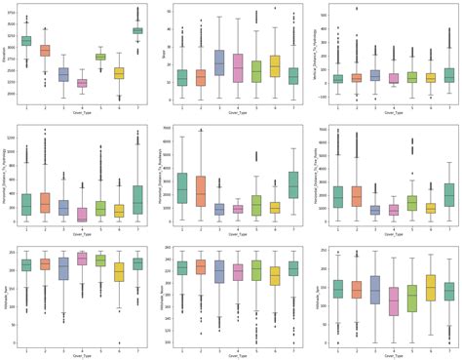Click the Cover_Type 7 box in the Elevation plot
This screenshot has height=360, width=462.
(137, 30)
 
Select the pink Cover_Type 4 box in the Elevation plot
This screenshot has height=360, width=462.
(82, 84)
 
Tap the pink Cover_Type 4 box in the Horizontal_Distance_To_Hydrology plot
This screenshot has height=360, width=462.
(82, 214)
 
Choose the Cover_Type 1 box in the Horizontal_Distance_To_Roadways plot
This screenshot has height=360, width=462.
(182, 187)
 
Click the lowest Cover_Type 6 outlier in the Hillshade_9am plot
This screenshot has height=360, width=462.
(119, 342)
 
